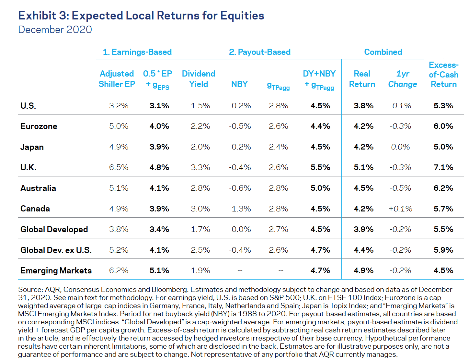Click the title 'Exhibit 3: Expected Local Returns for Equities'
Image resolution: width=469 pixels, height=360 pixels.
(141, 16)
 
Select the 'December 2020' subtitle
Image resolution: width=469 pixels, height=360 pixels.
(55, 30)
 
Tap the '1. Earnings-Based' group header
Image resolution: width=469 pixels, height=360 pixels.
(137, 52)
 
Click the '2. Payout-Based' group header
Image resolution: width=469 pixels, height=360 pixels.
(259, 52)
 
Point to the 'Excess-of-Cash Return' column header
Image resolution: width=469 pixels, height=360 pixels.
(443, 75)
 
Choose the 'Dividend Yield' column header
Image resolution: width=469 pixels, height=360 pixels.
(199, 79)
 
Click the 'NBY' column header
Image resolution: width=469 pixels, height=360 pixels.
(239, 84)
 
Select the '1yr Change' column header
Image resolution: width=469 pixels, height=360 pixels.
(403, 79)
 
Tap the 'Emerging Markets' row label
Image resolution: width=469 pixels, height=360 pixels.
(56, 270)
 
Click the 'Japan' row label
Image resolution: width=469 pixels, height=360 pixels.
(32, 147)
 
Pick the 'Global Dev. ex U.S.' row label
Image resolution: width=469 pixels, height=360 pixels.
(56, 250)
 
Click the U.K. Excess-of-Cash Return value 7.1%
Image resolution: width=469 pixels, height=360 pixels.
(443, 167)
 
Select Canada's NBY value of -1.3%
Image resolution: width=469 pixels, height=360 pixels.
(240, 209)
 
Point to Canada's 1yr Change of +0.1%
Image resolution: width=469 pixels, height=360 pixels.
(401, 209)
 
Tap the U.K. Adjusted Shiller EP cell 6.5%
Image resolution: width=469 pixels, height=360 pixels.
(119, 167)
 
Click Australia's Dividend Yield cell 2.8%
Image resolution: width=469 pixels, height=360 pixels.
(200, 188)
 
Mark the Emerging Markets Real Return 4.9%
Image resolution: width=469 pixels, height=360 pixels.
(363, 270)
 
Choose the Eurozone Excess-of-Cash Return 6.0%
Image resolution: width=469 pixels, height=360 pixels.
(443, 126)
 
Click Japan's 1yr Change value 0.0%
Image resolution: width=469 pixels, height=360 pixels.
(400, 147)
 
